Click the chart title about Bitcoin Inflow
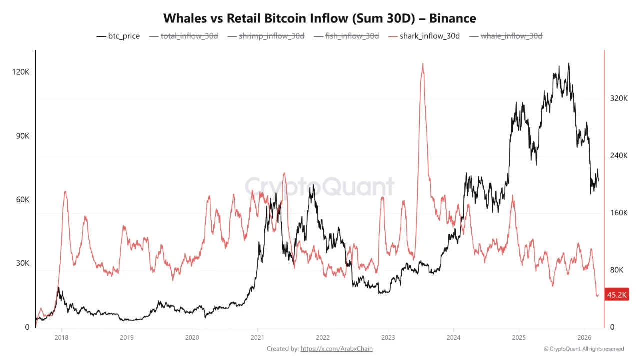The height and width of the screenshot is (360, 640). pyautogui.click(x=320, y=18)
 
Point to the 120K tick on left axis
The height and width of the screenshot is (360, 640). pyautogui.click(x=21, y=72)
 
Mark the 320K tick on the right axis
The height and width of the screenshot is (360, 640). pyautogui.click(x=619, y=99)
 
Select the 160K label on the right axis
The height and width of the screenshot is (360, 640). pyautogui.click(x=619, y=213)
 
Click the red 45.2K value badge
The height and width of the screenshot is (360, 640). pyautogui.click(x=616, y=295)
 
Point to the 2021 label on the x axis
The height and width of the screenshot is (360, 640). pyautogui.click(x=257, y=337)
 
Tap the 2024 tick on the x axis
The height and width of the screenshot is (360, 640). pyautogui.click(x=453, y=337)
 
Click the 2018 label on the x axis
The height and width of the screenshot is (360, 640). pyautogui.click(x=61, y=337)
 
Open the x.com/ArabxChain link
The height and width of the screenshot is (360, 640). pyautogui.click(x=336, y=349)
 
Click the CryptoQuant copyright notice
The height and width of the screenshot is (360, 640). pyautogui.click(x=584, y=349)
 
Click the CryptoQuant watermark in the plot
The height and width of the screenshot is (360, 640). pyautogui.click(x=319, y=187)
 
